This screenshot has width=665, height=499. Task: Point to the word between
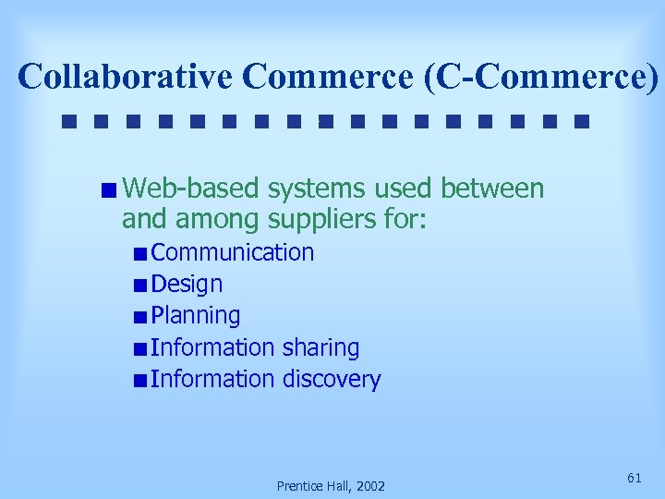point(492,189)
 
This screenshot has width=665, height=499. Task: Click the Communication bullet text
point(233,253)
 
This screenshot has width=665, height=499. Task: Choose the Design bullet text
point(187,285)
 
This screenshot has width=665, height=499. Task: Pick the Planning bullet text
point(196,316)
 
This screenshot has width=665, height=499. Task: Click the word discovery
point(332,379)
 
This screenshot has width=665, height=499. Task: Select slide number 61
point(635,477)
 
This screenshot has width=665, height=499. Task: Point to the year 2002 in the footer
point(369,486)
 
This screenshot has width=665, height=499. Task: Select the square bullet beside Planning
point(139,317)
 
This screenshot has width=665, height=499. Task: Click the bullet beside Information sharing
point(139,348)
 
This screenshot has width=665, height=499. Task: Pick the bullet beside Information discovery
point(139,380)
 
